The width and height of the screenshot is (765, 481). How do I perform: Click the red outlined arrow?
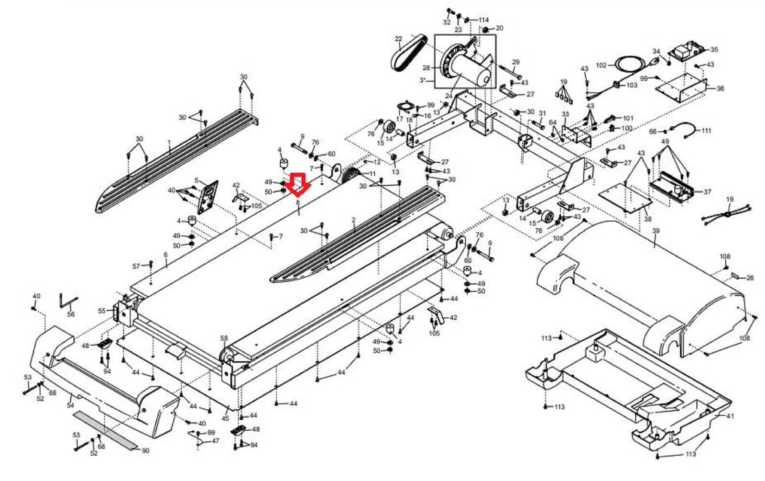[x=298, y=185]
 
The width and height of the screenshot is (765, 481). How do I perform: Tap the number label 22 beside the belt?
[x=399, y=39]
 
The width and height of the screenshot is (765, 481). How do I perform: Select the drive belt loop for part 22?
[x=408, y=53]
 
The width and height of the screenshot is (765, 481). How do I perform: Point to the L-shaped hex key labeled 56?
[x=68, y=301]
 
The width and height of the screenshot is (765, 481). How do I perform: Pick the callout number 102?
[x=601, y=65]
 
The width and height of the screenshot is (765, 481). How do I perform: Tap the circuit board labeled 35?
[x=684, y=51]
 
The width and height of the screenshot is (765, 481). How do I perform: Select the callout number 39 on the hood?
[x=656, y=231]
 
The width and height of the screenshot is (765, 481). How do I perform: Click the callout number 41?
[x=730, y=416]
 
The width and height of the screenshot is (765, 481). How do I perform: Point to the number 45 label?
[x=225, y=418]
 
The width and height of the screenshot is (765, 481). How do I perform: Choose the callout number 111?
[x=706, y=131]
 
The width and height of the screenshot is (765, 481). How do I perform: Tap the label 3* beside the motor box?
[x=423, y=80]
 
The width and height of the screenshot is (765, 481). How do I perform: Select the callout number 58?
[x=224, y=338]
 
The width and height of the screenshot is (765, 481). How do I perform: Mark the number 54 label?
[x=70, y=405]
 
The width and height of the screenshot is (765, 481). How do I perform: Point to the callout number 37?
[x=707, y=192]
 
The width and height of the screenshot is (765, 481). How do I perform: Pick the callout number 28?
[x=426, y=68]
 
